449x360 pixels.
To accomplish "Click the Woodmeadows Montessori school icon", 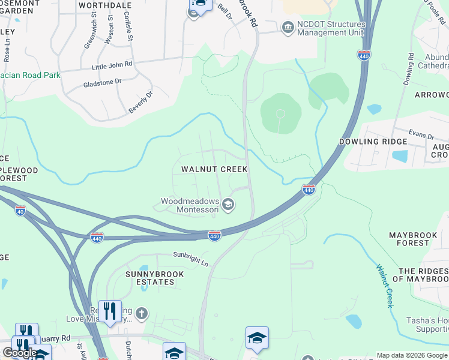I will pyautogui.click(x=228, y=205).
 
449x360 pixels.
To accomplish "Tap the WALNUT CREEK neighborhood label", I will pyautogui.click(x=215, y=170).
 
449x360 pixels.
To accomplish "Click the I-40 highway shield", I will pyautogui.click(x=20, y=211).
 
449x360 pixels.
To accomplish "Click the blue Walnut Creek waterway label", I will pyautogui.click(x=385, y=286).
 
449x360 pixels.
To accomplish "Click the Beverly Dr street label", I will pyautogui.click(x=140, y=103).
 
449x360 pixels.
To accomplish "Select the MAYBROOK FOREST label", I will pyautogui.click(x=417, y=239).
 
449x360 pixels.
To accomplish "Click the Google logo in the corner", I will pyautogui.click(x=19, y=353).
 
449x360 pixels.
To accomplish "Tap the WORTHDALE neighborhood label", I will pyautogui.click(x=105, y=5).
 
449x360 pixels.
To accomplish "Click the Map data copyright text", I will pyautogui.click(x=412, y=355).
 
